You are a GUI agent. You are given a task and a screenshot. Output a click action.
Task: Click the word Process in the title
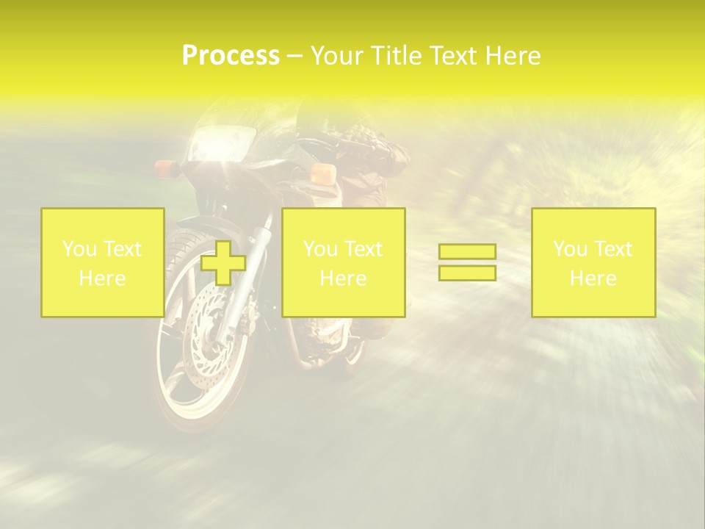click(x=231, y=56)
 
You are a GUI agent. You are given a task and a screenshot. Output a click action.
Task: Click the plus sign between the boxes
click(x=223, y=263)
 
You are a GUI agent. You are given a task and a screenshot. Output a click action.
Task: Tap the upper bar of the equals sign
click(x=467, y=251)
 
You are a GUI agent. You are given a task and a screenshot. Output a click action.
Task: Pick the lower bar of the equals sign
click(x=467, y=273)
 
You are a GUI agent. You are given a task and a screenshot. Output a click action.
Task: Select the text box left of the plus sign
click(x=102, y=263)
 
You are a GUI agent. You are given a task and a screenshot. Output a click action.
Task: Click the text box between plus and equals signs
click(x=343, y=263)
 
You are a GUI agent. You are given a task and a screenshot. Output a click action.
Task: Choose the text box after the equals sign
click(x=593, y=263)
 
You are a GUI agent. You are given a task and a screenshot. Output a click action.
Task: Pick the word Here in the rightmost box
click(x=593, y=278)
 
